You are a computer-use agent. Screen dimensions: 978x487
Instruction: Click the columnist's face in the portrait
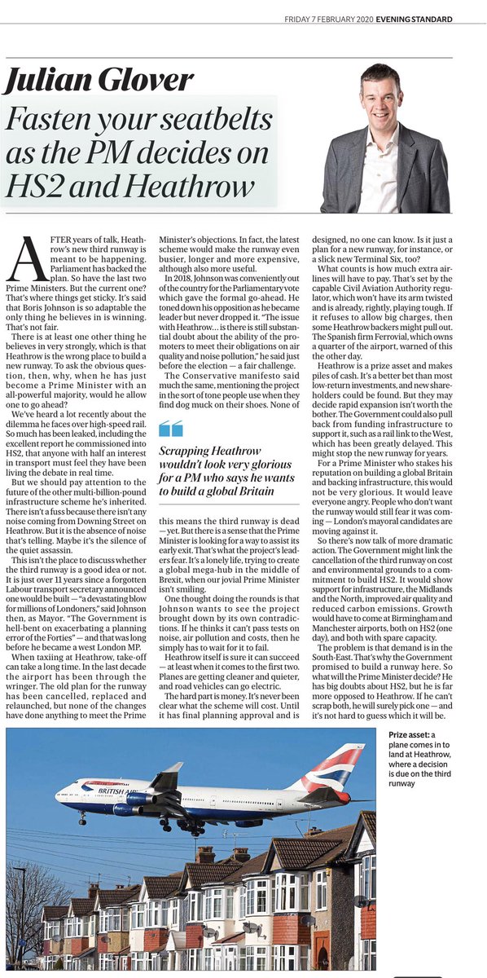click(x=388, y=96)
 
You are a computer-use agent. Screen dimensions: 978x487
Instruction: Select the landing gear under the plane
click(x=191, y=826)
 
